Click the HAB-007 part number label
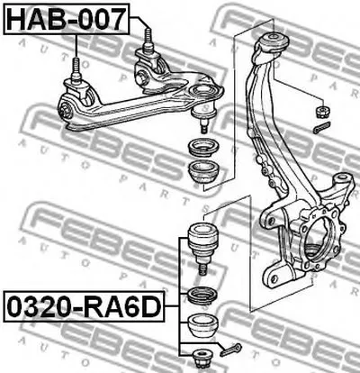[67, 19]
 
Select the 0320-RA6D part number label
[84, 306]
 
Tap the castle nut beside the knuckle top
[323, 112]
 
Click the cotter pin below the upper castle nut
[321, 127]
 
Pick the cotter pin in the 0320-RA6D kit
[230, 350]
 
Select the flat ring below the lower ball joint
[202, 296]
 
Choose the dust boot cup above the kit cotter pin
[202, 325]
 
